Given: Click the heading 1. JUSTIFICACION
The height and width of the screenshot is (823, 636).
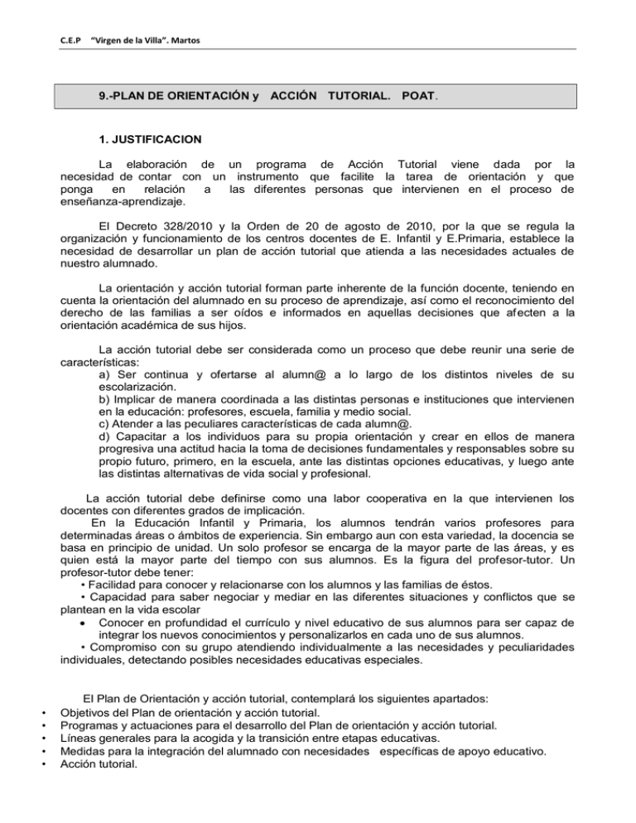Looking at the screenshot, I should pyautogui.click(x=146, y=140).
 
